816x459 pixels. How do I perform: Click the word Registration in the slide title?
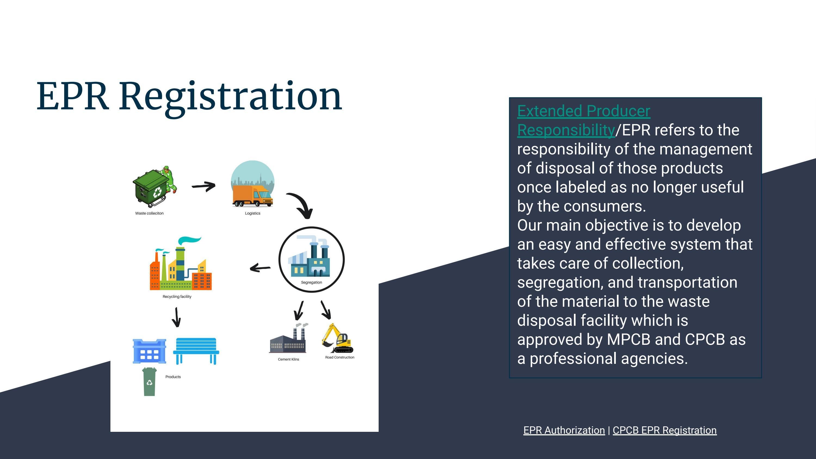pos(230,96)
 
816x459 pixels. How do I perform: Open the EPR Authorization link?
pos(564,430)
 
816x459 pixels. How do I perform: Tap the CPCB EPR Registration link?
pos(664,430)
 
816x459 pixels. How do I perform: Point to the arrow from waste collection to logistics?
pos(204,186)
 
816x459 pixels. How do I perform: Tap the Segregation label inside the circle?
pos(311,282)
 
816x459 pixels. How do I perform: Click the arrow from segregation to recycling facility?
pos(260,268)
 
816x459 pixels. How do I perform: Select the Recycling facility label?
pos(177,296)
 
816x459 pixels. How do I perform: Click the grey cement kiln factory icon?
pos(288,340)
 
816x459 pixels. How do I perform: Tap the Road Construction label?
pos(339,357)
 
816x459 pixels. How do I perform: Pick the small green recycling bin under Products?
pos(149,382)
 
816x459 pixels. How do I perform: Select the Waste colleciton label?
pos(149,213)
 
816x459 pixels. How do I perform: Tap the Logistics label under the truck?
pos(252,213)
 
